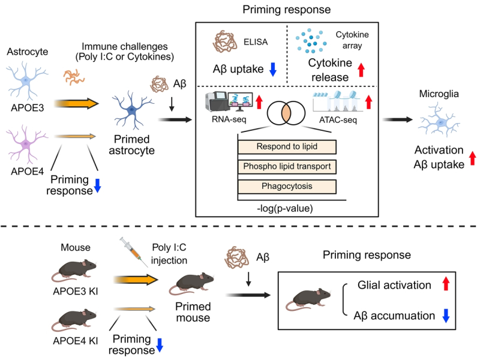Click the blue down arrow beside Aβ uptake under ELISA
tap(272, 70)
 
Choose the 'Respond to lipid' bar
tap(286, 146)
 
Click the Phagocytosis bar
tap(286, 186)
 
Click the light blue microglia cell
tap(441, 123)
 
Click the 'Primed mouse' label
tap(193, 310)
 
